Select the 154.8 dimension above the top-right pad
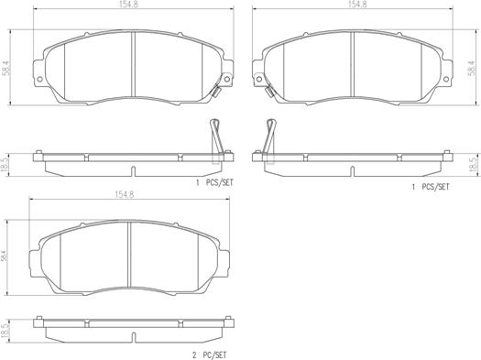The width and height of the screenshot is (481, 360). pyautogui.click(x=356, y=5)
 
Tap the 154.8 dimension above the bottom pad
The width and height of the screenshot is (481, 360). pyautogui.click(x=125, y=194)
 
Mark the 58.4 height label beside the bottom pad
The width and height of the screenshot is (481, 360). pyautogui.click(x=4, y=255)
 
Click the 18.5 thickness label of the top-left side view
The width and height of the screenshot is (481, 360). pyautogui.click(x=5, y=165)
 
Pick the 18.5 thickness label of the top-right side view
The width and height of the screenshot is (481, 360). pyautogui.click(x=473, y=165)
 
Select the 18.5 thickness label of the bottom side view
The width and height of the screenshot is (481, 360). pyautogui.click(x=5, y=331)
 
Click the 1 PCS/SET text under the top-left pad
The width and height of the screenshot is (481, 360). pyautogui.click(x=214, y=183)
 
